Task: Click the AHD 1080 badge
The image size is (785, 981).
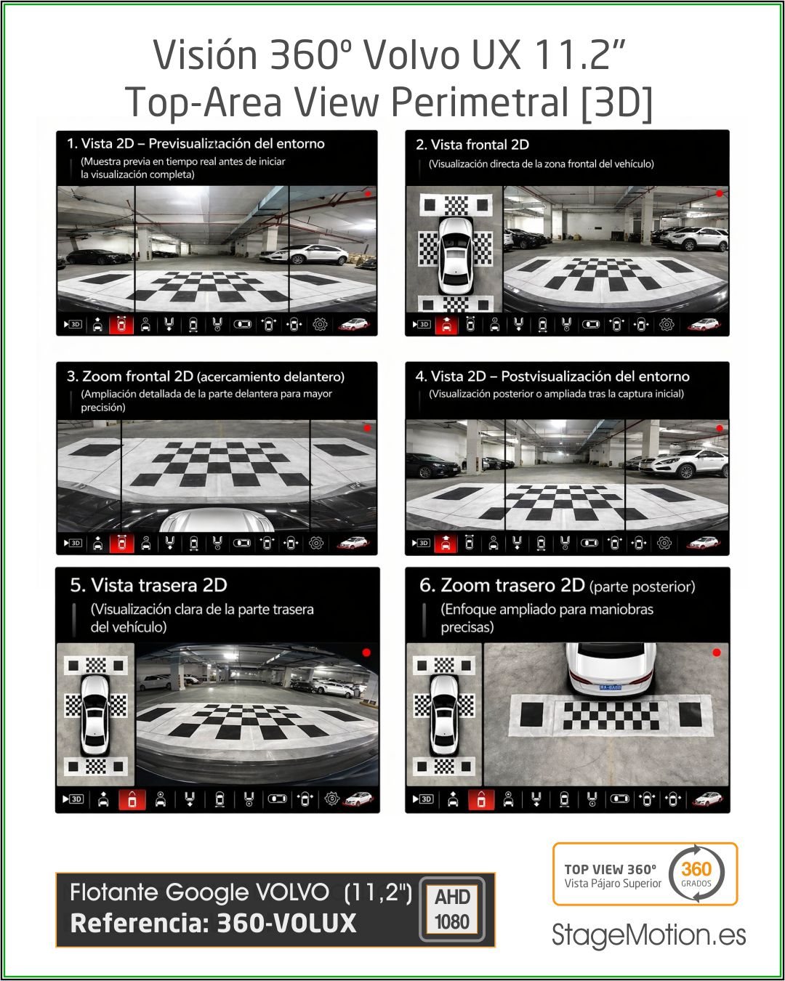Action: (x=451, y=910)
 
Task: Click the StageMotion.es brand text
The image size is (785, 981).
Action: (x=648, y=934)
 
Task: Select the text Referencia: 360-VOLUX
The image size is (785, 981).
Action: (x=213, y=923)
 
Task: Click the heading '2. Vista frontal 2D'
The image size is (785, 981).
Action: (x=472, y=145)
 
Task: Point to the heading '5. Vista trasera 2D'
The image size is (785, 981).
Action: (x=149, y=585)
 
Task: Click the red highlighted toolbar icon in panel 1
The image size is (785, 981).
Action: (x=121, y=325)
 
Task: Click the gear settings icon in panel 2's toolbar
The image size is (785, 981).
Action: (x=667, y=325)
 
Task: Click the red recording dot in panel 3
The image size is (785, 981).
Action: (x=367, y=428)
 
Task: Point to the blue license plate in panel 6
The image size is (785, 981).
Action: (x=611, y=687)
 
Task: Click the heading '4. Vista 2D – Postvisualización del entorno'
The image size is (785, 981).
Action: (x=552, y=376)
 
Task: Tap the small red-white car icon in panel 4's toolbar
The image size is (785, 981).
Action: (x=703, y=543)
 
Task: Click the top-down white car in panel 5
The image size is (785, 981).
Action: (x=95, y=715)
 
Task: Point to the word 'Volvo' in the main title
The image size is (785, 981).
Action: (x=412, y=54)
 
